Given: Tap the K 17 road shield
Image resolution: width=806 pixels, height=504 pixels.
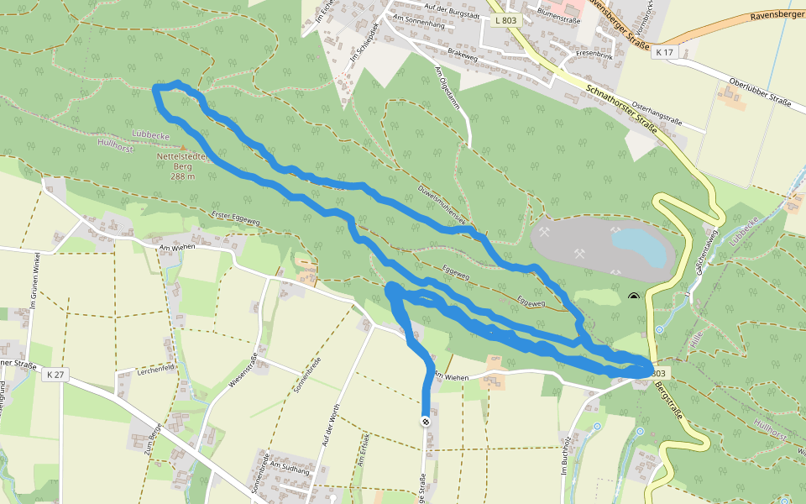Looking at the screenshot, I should point(665,52).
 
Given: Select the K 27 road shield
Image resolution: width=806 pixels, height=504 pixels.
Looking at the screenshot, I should point(55,375).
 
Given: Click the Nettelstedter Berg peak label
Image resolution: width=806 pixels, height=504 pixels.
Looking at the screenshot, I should point(183,165).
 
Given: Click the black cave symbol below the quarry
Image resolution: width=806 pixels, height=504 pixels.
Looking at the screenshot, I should point(633,297).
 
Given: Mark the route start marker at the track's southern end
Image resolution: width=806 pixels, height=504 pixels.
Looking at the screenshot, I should point(426,421).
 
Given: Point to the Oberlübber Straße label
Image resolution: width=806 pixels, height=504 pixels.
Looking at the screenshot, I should point(761,92).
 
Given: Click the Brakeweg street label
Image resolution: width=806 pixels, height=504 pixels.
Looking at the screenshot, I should point(463,51).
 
